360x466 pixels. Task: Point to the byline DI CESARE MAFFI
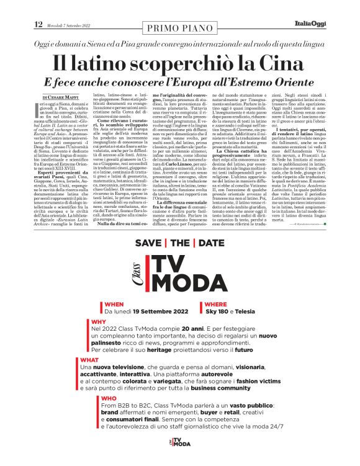click(61, 97)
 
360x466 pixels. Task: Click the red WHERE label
click(215, 305)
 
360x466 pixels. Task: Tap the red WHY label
click(99, 322)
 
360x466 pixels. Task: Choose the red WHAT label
click(89, 359)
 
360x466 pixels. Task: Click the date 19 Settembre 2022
click(155, 311)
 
